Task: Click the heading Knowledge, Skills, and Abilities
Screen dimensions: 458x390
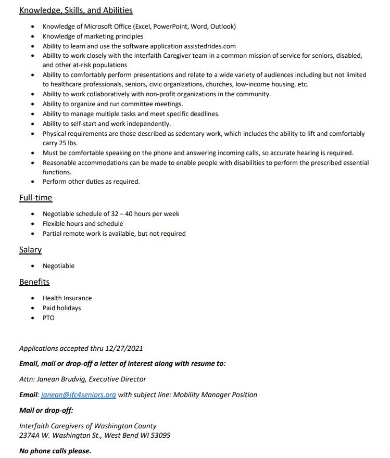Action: click(76, 10)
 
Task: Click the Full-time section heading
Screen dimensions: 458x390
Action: click(36, 197)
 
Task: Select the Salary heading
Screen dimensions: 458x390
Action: click(30, 250)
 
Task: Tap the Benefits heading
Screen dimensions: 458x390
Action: click(34, 282)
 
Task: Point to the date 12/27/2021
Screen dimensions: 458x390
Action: click(124, 348)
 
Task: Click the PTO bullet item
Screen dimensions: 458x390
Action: click(48, 317)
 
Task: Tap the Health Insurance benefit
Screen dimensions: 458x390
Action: click(67, 298)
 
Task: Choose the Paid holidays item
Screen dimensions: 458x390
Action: click(62, 308)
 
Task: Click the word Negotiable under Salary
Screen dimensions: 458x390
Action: click(58, 266)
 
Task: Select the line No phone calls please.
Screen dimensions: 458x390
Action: click(55, 451)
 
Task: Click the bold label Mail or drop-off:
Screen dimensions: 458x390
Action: click(46, 410)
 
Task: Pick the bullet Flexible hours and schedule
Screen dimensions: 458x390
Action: click(83, 224)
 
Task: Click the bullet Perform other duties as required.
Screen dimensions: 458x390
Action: click(91, 182)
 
